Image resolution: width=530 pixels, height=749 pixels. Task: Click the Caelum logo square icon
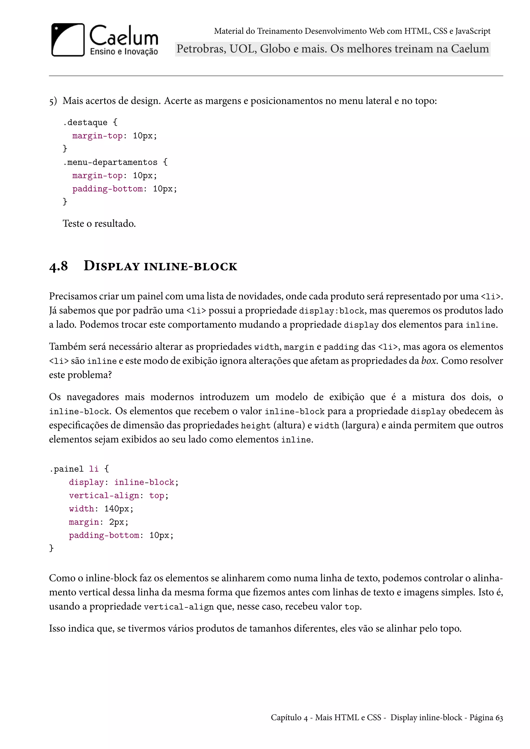pyautogui.click(x=68, y=40)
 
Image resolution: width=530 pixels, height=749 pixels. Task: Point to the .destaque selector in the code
pyautogui.click(x=85, y=122)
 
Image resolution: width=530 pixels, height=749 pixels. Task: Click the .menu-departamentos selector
pyautogui.click(x=110, y=162)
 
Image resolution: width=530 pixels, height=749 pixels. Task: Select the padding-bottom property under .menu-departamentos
pyautogui.click(x=107, y=189)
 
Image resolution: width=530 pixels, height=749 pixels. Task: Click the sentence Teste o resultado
pyautogui.click(x=99, y=224)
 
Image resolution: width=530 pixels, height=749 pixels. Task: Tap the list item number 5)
pyautogui.click(x=53, y=101)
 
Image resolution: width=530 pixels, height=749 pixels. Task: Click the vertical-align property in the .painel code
pyautogui.click(x=104, y=496)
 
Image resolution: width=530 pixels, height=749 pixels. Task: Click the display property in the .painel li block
pyautogui.click(x=86, y=482)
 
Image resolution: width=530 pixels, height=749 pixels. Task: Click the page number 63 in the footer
pyautogui.click(x=499, y=718)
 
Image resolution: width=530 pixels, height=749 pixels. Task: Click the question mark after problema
pyautogui.click(x=110, y=375)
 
